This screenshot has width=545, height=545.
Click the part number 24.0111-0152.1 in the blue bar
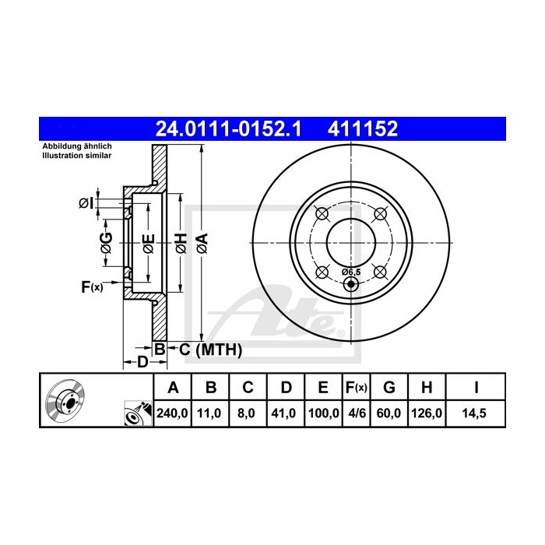coord(228,128)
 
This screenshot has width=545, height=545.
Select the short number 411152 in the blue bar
coord(363,128)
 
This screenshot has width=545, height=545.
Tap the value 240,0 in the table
coord(172,413)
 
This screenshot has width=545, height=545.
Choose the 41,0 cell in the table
coord(283,413)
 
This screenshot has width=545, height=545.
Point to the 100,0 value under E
coord(324,413)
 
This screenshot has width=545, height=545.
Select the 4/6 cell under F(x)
coord(357,413)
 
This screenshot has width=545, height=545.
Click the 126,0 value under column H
coord(427,413)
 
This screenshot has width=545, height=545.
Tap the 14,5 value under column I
coord(474,413)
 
